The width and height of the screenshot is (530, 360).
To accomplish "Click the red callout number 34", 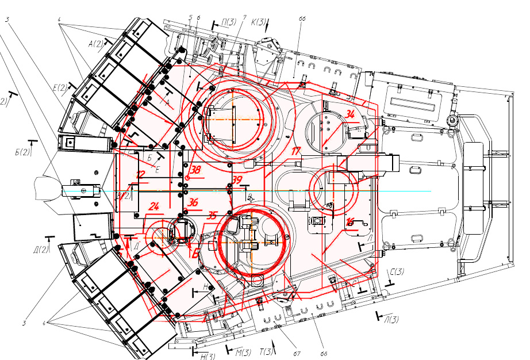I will click(350, 114).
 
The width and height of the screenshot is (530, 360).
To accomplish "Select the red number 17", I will click(296, 152).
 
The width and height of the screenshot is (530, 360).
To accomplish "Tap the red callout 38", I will click(196, 170).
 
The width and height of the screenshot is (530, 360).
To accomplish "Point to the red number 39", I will click(237, 180).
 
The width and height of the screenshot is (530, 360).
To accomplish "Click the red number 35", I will click(212, 216).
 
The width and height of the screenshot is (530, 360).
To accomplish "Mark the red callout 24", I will click(153, 206).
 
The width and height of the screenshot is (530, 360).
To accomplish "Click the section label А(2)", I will click(95, 44).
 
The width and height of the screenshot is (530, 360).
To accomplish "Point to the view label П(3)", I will click(229, 22).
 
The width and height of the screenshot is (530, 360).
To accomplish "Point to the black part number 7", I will click(244, 17).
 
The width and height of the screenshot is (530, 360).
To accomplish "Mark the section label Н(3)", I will click(208, 357).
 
